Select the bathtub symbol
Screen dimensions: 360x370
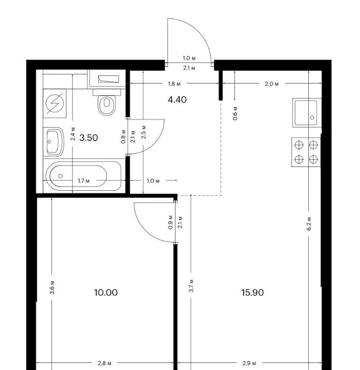coord(83,176)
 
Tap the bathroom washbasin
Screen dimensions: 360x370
coord(54,141)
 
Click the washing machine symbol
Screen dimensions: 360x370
coord(55,103)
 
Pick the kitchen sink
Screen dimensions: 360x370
coord(307,113)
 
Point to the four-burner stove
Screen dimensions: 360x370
coord(306,152)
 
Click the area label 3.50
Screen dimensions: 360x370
coord(89,138)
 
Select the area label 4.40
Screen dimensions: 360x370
coord(177,100)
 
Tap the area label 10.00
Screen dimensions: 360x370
coord(106,293)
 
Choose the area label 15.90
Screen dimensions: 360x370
coord(252,293)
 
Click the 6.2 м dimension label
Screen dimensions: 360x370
coord(309,223)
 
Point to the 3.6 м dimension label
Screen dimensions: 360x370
coord(52,287)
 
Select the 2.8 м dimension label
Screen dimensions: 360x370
coord(104,363)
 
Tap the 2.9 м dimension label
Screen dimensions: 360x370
coord(249,363)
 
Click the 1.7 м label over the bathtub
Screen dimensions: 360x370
coord(83,181)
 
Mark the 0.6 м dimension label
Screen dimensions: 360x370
coord(235,113)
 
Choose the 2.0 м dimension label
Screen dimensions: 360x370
coord(272,84)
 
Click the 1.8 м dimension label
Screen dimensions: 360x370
coord(174,84)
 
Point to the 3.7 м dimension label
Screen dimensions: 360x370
coord(191,286)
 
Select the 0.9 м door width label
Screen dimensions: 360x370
coord(171,222)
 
